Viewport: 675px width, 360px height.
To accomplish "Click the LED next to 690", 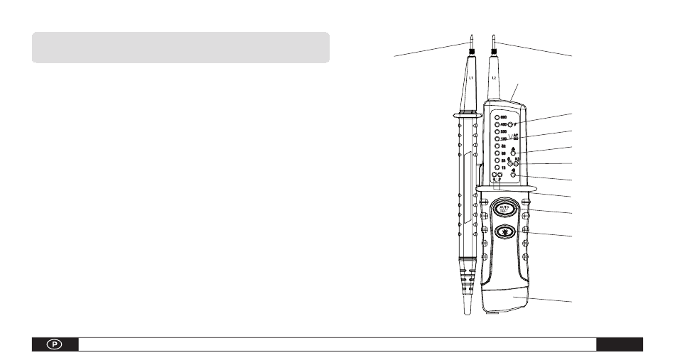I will point(497,116).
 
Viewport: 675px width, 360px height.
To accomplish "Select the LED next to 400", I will point(497,124).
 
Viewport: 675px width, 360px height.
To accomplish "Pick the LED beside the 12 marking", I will point(497,168).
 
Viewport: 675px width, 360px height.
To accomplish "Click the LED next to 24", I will point(497,161).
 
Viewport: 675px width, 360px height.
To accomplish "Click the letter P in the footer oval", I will point(54,344).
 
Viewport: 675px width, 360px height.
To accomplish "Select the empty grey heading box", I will point(180,47).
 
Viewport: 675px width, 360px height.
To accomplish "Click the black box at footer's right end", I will point(619,344).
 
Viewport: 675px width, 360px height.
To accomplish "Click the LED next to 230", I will point(497,139).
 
